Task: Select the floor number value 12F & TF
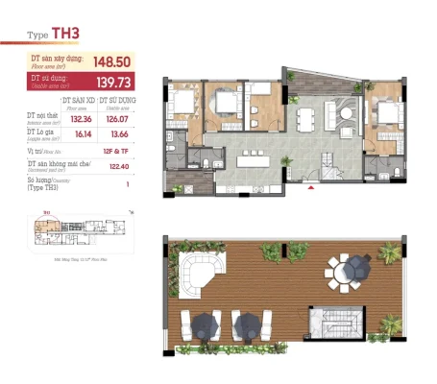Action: [113, 153]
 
